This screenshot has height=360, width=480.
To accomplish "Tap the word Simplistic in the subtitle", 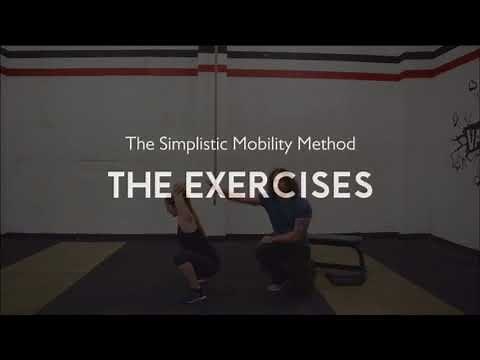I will pyautogui.click(x=197, y=144).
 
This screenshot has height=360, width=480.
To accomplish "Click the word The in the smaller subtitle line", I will pyautogui.click(x=138, y=144).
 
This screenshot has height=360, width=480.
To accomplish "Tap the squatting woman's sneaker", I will pyautogui.click(x=193, y=295).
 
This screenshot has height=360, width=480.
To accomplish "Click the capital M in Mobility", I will pyautogui.click(x=240, y=144).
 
